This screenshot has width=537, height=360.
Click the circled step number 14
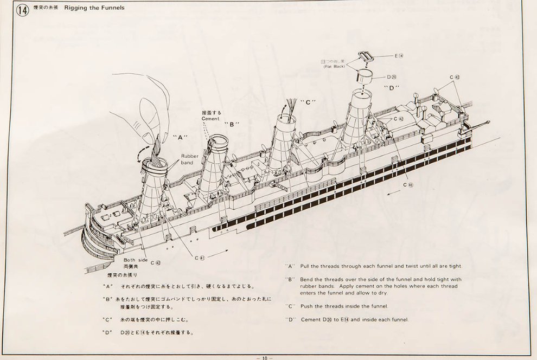(23, 10)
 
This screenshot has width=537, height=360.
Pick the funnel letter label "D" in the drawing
(391, 88)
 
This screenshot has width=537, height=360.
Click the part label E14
(399, 56)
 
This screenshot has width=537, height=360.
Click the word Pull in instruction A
(307, 266)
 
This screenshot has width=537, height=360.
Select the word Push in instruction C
(308, 306)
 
